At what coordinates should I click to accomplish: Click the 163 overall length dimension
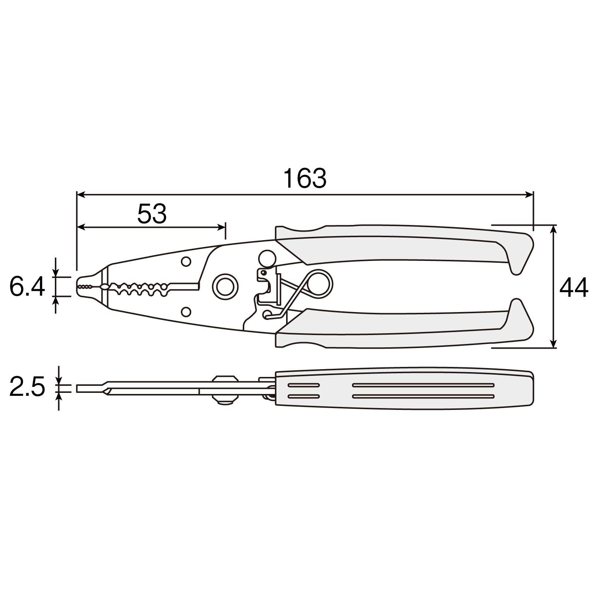305,178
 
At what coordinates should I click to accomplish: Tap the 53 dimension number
152,214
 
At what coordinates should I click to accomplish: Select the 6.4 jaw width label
27,286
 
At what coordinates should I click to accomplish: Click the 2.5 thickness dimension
27,386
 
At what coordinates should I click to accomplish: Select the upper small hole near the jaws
186,261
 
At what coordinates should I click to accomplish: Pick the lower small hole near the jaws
186,312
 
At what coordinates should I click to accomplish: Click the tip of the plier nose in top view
77,286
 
